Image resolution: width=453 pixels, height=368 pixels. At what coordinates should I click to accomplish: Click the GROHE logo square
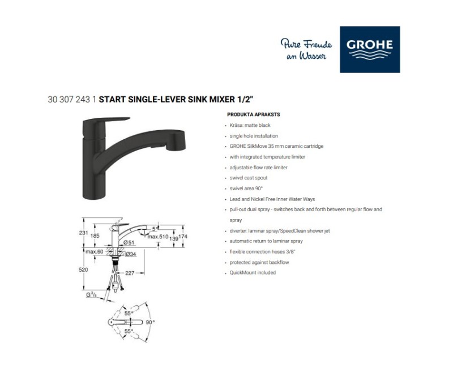click(x=370, y=49)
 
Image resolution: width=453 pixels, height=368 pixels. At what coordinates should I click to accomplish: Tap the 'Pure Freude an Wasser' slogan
click(x=306, y=49)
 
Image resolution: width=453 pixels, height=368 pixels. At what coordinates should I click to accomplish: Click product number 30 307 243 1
click(x=72, y=100)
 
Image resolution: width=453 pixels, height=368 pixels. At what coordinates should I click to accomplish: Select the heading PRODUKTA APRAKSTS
click(x=253, y=114)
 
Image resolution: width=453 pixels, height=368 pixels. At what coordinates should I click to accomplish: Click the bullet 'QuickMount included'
click(x=253, y=272)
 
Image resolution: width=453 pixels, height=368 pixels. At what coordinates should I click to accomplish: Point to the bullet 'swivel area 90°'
click(x=246, y=189)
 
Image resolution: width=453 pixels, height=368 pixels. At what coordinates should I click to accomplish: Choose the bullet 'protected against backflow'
click(x=259, y=262)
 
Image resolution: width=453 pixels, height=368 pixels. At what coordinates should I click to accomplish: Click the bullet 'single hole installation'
click(x=254, y=136)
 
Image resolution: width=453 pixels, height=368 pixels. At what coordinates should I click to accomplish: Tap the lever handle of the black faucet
click(x=106, y=121)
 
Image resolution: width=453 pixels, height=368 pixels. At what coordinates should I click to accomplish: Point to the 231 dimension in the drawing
click(x=83, y=233)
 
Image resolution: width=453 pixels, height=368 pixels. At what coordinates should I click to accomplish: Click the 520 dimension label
click(x=83, y=269)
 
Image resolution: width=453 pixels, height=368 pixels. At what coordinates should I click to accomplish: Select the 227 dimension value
click(x=130, y=273)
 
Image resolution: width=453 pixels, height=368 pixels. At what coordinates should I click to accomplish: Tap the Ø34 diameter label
click(x=131, y=254)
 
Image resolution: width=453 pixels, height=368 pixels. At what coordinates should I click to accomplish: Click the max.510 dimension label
click(x=158, y=237)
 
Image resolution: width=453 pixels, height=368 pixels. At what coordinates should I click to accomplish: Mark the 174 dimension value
click(x=182, y=237)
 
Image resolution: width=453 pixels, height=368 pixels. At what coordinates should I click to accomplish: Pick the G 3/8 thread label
click(x=91, y=294)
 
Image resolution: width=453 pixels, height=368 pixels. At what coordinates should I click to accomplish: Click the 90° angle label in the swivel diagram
click(x=150, y=322)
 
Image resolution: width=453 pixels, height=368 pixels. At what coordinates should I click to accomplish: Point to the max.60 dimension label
click(x=94, y=251)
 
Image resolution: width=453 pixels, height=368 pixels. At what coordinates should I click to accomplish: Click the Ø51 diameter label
click(x=129, y=243)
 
